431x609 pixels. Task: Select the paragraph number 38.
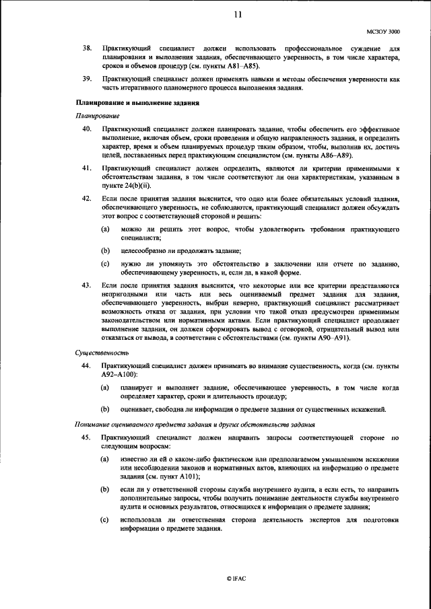click(x=86, y=49)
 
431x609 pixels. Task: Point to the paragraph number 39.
click(x=86, y=79)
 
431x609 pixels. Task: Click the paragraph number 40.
click(x=86, y=128)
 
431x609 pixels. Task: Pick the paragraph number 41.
click(x=86, y=166)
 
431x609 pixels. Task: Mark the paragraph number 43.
click(x=86, y=285)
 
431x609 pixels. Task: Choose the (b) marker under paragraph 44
click(x=105, y=408)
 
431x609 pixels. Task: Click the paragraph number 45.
click(x=86, y=437)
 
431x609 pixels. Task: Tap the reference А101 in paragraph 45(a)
click(x=183, y=476)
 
